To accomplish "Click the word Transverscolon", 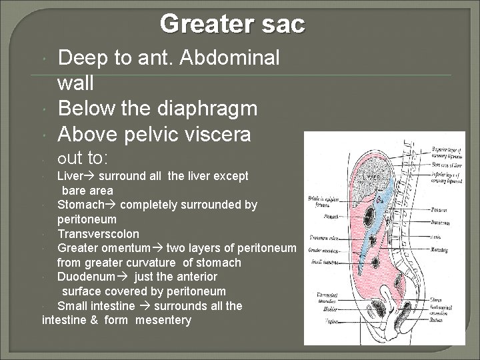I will (98, 234).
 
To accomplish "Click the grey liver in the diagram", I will (366, 180).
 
